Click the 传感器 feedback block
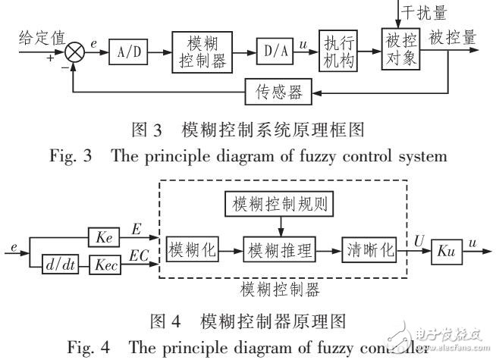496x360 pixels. click(x=274, y=93)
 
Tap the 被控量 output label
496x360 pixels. click(x=454, y=36)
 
